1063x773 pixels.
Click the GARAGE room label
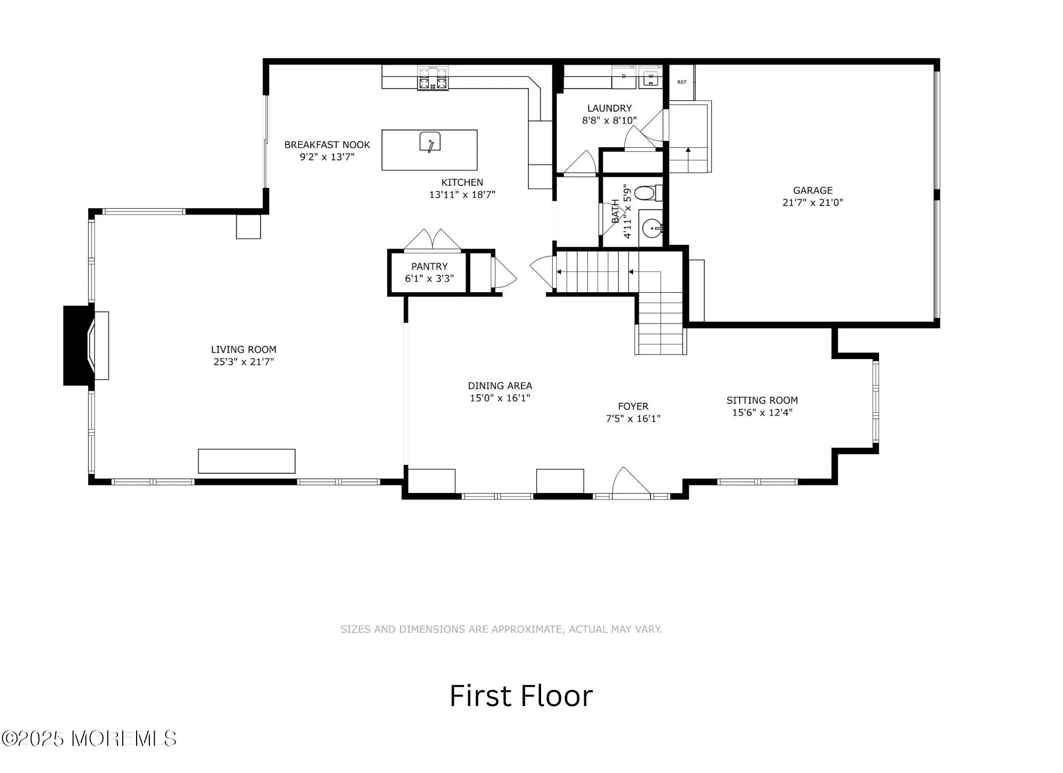(813, 190)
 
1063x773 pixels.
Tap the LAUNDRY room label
(609, 108)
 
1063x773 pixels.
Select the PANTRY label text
(429, 266)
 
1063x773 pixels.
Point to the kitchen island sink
(430, 142)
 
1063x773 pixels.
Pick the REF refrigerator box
(682, 82)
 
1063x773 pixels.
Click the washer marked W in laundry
(650, 78)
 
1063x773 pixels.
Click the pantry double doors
(433, 240)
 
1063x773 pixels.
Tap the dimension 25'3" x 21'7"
(243, 362)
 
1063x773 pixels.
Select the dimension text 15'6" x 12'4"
(762, 412)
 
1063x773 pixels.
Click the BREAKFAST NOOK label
(327, 145)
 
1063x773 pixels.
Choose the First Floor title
(521, 696)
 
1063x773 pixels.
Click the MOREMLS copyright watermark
(89, 738)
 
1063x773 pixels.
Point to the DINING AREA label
(500, 386)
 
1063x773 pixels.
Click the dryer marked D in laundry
(624, 78)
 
